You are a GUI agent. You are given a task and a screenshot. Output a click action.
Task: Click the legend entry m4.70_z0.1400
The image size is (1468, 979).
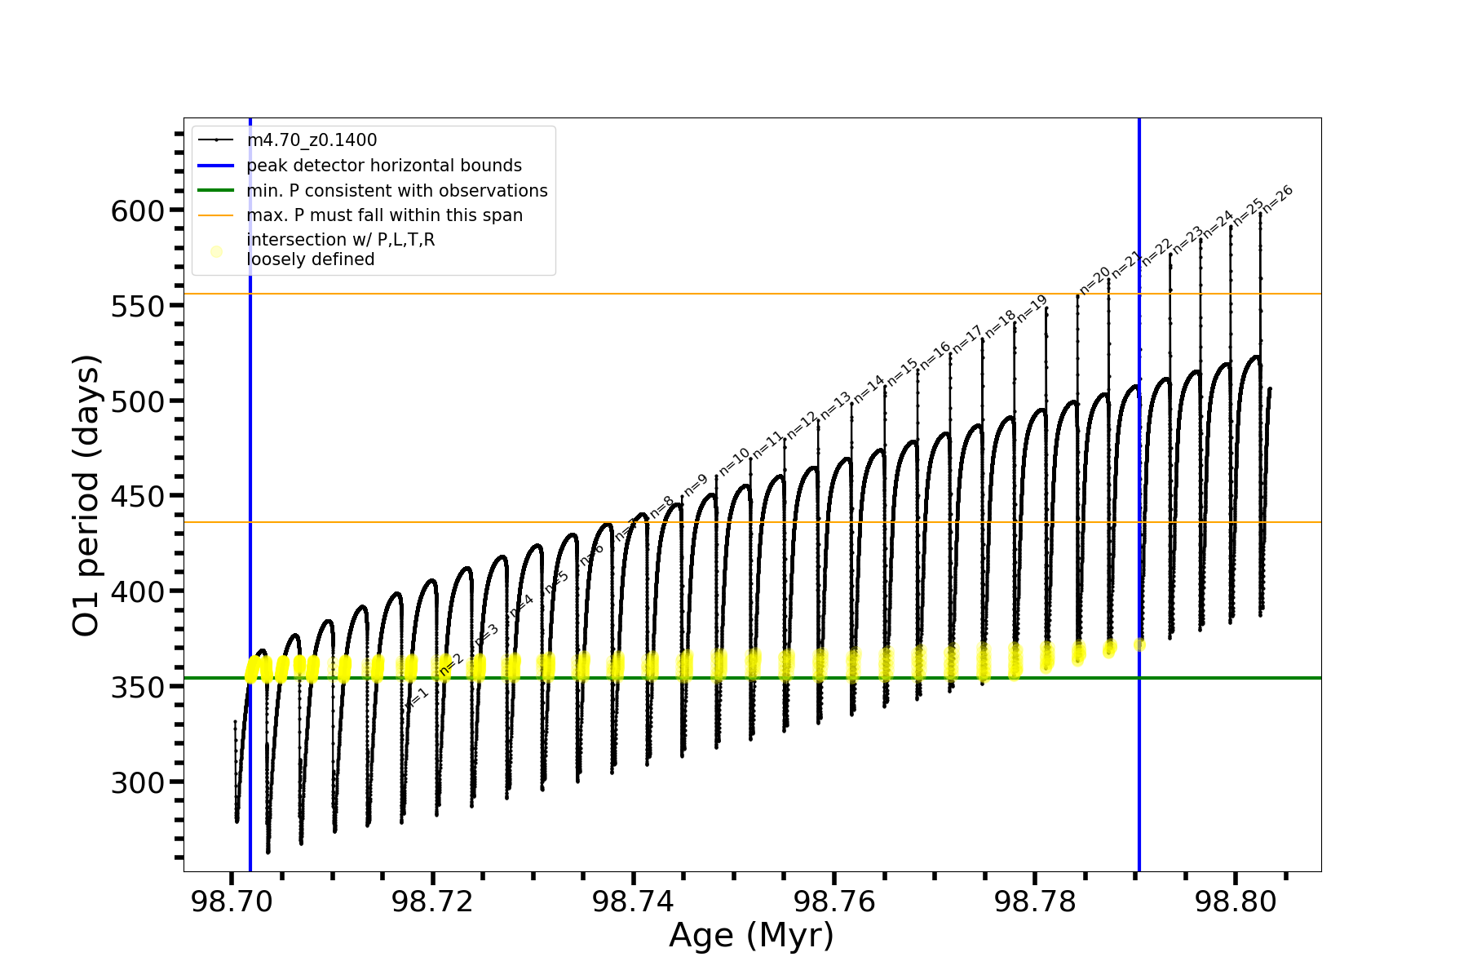312,140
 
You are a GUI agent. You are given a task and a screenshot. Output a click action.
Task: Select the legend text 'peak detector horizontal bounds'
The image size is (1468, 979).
383,166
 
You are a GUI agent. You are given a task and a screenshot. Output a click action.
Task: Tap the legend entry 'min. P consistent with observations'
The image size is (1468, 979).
396,191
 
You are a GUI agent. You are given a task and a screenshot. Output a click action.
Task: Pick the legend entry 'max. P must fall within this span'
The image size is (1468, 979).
384,215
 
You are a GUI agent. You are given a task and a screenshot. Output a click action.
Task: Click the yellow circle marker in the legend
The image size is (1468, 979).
216,251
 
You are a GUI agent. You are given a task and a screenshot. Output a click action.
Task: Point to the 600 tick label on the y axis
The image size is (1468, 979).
138,211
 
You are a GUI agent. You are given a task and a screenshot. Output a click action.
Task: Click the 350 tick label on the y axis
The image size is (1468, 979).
138,687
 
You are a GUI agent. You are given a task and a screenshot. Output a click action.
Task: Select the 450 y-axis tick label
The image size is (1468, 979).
138,497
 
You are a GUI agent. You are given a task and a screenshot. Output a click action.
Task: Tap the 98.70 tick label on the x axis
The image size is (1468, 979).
232,901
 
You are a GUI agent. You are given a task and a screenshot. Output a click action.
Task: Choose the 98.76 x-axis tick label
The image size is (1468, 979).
833,901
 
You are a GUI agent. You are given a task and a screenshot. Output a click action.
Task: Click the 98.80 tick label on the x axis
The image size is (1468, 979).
1235,901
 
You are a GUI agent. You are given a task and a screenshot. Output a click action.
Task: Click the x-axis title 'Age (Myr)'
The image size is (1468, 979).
751,936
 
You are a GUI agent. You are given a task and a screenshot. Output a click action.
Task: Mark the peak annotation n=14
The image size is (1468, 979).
869,389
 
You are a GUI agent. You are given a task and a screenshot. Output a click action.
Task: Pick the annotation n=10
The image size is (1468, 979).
734,462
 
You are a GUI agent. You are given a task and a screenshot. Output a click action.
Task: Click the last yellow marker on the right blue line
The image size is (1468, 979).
1139,645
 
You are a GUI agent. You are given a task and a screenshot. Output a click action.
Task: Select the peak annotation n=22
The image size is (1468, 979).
1156,252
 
